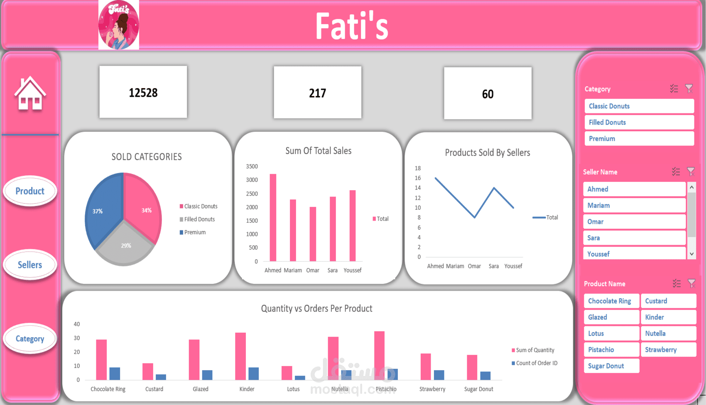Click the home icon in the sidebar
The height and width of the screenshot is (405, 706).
tap(30, 94)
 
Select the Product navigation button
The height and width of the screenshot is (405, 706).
tap(30, 191)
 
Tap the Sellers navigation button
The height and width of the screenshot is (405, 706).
tap(30, 265)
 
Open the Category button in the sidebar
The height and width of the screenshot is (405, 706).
tap(30, 339)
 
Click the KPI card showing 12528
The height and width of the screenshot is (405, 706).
tap(143, 92)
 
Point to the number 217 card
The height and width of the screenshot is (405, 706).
tap(317, 93)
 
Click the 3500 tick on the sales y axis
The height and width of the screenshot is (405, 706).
tap(252, 167)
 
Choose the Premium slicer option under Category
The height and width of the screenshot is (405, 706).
tap(639, 139)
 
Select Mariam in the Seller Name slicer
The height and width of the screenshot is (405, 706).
tap(634, 206)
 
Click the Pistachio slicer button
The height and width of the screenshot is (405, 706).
tap(611, 350)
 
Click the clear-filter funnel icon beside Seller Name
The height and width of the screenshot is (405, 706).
tap(691, 172)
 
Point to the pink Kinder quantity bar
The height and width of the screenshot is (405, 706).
tap(240, 356)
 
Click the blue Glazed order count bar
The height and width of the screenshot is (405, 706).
tap(207, 375)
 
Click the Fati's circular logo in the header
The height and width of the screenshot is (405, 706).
tap(119, 25)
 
